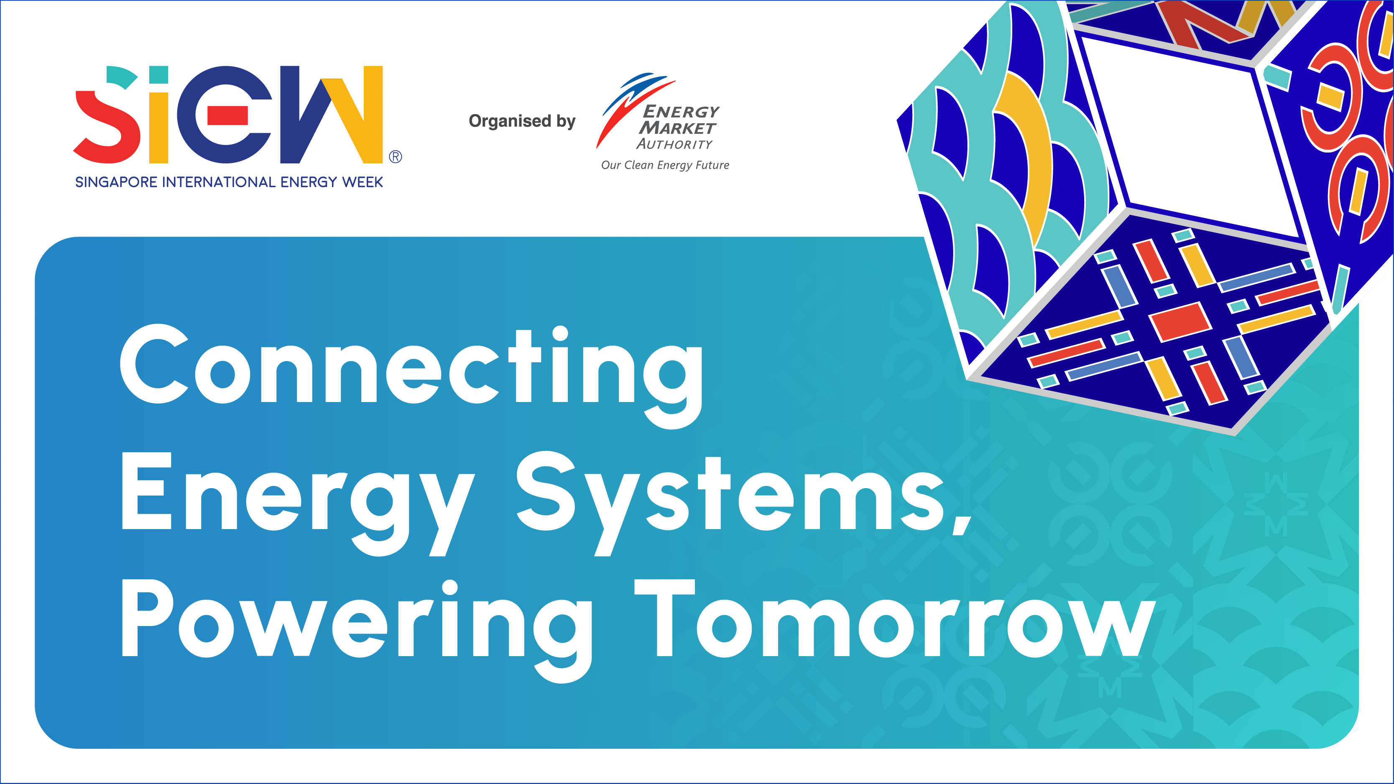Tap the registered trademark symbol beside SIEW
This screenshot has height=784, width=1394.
click(396, 157)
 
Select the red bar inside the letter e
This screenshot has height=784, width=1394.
click(227, 115)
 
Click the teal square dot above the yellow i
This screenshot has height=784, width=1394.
click(158, 75)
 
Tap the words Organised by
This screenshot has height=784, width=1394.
click(522, 121)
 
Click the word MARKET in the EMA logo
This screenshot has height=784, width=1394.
click(677, 128)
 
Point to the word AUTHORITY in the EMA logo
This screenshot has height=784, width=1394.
click(674, 144)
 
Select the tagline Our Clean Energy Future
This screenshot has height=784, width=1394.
click(665, 165)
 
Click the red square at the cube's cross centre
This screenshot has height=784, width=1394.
click(1180, 321)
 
